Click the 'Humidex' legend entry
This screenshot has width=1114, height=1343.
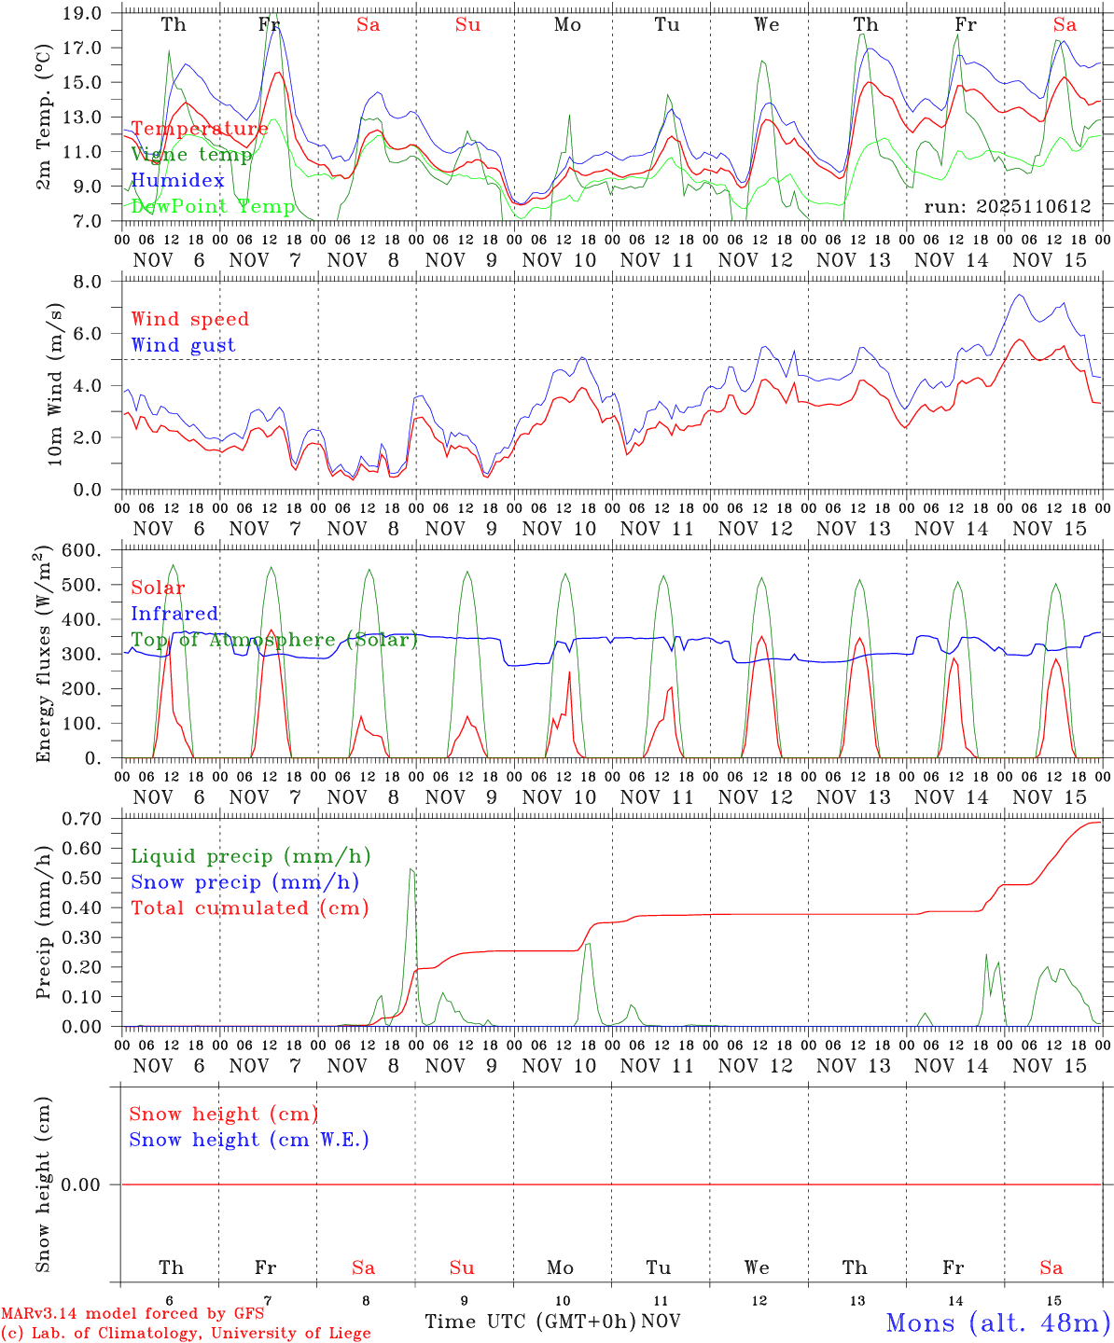177,180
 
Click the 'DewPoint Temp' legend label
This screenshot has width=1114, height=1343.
213,206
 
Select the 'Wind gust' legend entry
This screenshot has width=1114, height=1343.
183,345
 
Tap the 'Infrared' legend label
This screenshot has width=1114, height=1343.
174,614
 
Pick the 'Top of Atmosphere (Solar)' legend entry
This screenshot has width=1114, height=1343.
274,640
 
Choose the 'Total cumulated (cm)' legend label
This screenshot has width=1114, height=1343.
250,907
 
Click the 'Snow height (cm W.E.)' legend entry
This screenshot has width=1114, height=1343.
249,1140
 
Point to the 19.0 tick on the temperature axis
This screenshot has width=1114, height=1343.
86,13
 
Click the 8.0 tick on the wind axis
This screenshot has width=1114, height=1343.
91,282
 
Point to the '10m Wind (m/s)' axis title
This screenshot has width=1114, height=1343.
55,384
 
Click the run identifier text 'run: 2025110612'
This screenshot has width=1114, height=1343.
1007,206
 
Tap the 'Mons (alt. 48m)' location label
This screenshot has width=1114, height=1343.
997,1322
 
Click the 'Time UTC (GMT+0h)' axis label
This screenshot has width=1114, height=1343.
531,1322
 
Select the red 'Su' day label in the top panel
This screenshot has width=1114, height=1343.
467,25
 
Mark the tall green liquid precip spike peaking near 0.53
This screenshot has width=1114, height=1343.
411,871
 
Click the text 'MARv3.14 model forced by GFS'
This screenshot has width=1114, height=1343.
132,1314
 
